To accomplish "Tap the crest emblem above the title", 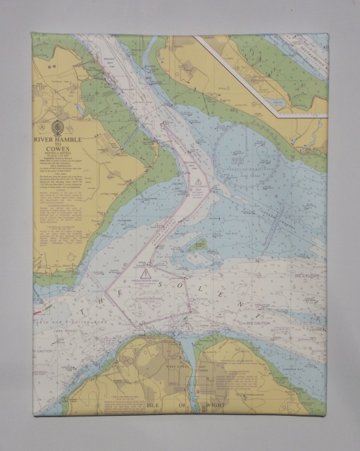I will tap(58, 128).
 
